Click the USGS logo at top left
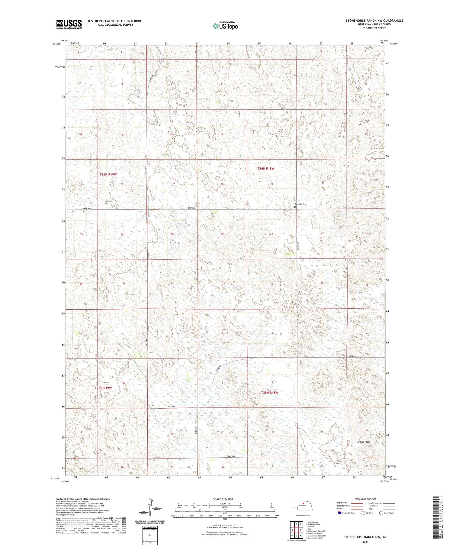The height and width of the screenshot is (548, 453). coord(69,24)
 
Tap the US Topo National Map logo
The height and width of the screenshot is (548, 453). coord(225,26)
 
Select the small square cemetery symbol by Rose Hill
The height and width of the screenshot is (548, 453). coord(295,207)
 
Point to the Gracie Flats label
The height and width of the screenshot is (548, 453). coord(363,442)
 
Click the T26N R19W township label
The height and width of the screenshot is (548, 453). coord(108,174)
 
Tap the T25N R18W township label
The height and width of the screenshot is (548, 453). coord(269,393)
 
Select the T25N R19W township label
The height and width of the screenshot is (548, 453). coord(103,388)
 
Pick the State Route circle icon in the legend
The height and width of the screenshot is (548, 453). coord(381,513)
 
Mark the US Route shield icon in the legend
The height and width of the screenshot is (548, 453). coord(363,513)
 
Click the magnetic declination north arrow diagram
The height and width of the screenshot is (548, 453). coord(149,508)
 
